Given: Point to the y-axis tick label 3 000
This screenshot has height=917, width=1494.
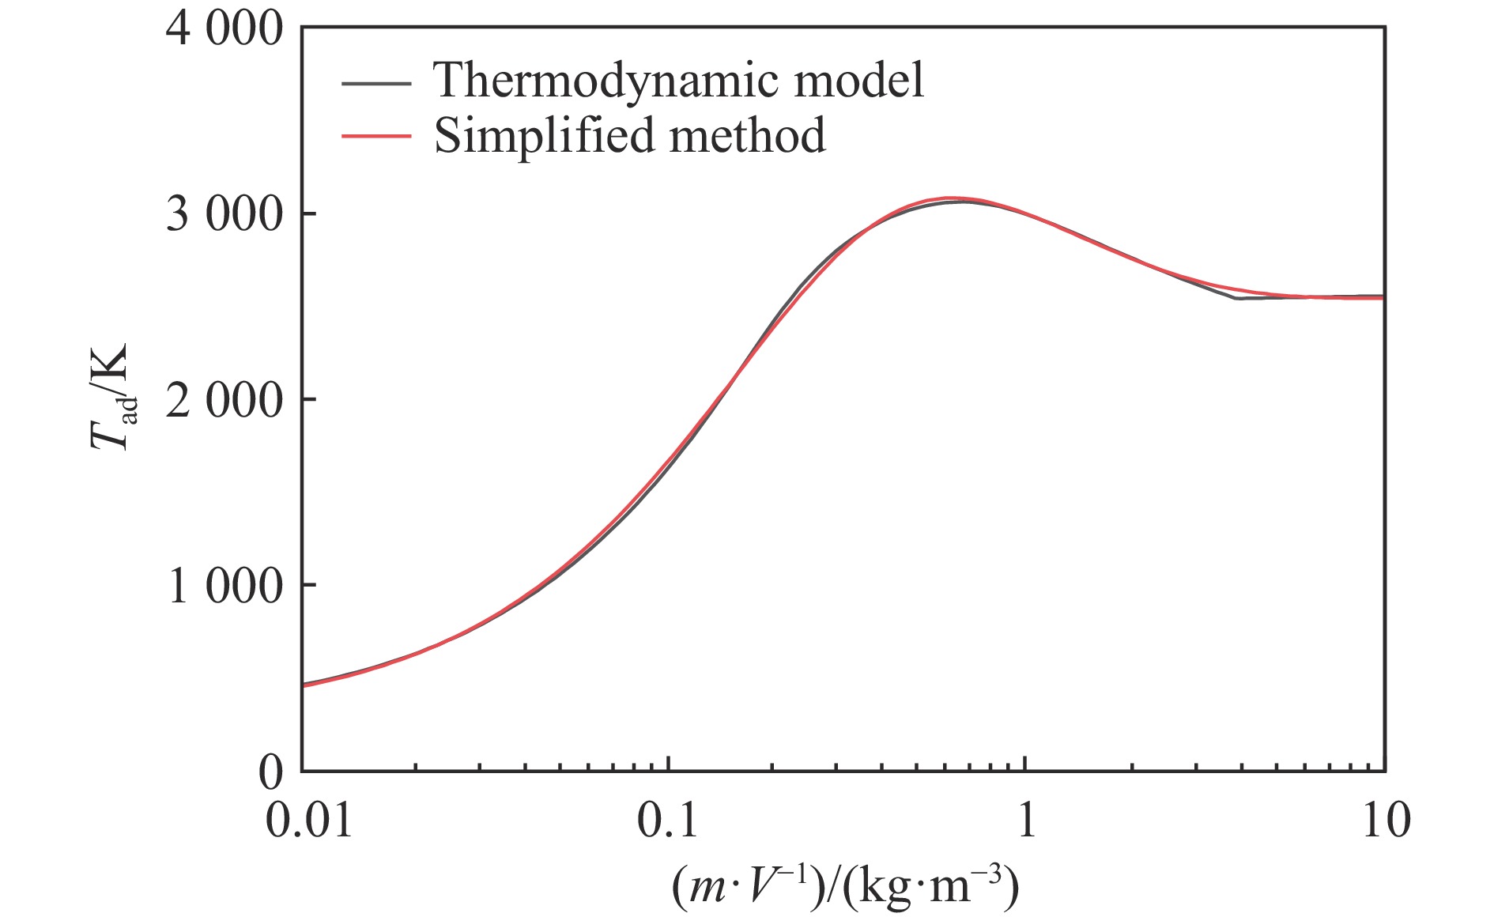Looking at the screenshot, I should coord(224,214).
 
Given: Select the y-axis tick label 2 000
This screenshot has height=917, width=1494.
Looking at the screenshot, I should coord(224,400).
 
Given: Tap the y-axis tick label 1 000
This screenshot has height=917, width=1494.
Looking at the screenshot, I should coord(224,586).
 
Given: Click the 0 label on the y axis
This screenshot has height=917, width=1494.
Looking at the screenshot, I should coord(270,772).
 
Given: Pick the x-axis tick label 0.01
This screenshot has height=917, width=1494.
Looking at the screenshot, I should coord(308,820).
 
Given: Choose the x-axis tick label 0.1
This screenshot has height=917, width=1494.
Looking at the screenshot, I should coord(668,820).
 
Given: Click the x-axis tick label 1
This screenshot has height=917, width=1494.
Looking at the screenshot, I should coord(1026,820).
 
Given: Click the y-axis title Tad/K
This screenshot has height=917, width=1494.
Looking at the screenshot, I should coord(112,398).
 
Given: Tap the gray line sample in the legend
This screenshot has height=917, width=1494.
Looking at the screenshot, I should coord(376,82).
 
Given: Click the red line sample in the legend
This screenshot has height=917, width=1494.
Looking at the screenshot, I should coord(376,136).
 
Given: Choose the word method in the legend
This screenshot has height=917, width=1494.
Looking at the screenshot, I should coord(747,135).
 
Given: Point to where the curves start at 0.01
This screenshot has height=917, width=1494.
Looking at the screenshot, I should coord(303,685).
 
